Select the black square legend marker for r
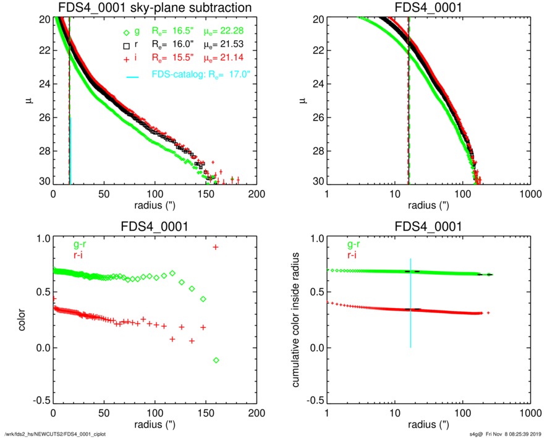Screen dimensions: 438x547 click(127, 45)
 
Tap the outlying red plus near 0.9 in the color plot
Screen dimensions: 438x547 click(216, 247)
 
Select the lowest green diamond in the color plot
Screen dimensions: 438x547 click(216, 360)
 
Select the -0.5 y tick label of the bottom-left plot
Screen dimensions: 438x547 click(40, 401)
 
